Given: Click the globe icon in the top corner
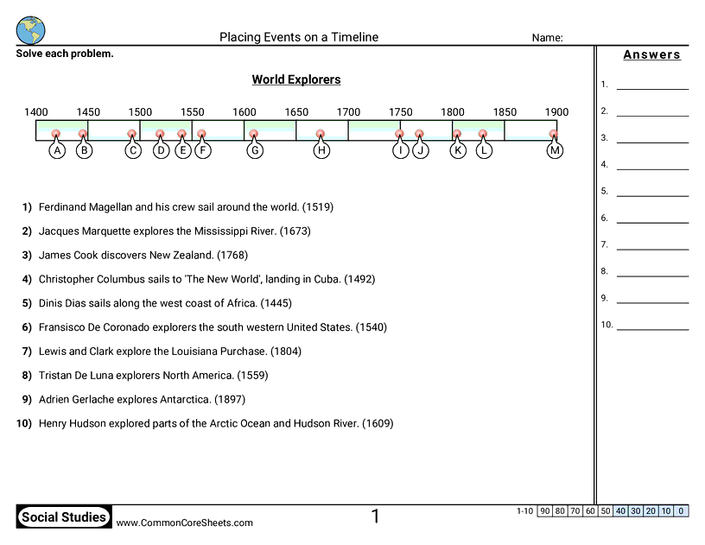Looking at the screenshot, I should coord(30,29).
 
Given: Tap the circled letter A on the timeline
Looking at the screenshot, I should coord(57,150).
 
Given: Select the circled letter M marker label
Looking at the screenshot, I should coord(555,150).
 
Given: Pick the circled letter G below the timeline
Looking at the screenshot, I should coord(254,150).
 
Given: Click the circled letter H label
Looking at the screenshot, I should coord(321,150).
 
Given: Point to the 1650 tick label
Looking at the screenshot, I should coord(296,112).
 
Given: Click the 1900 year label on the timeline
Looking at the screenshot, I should coord(556,112).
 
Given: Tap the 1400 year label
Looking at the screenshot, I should coord(36,112).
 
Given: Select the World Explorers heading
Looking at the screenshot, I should coord(296,79).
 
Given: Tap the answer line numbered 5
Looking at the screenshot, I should coord(652,196).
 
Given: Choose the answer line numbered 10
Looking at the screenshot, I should coord(652,330).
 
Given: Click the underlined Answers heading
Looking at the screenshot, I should coord(652,55).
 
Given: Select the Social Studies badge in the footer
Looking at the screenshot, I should coord(64,517).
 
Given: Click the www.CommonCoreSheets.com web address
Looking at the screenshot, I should coord(185,523).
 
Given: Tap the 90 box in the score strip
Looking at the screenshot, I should coord(544,511).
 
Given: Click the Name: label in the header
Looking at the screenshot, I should coord(547,38).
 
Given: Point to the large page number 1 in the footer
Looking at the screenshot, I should coord(376,516).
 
